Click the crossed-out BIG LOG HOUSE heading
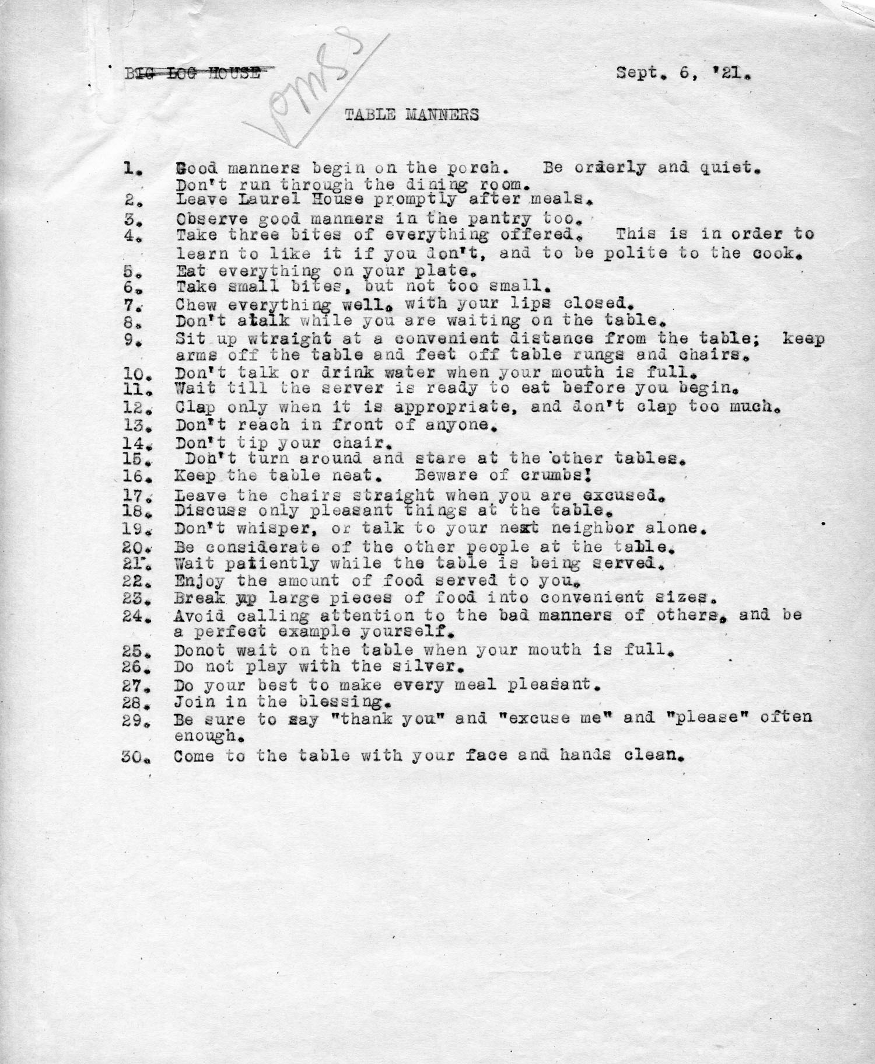click(192, 74)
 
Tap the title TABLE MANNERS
click(411, 114)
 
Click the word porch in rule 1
click(475, 168)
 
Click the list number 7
click(129, 305)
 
